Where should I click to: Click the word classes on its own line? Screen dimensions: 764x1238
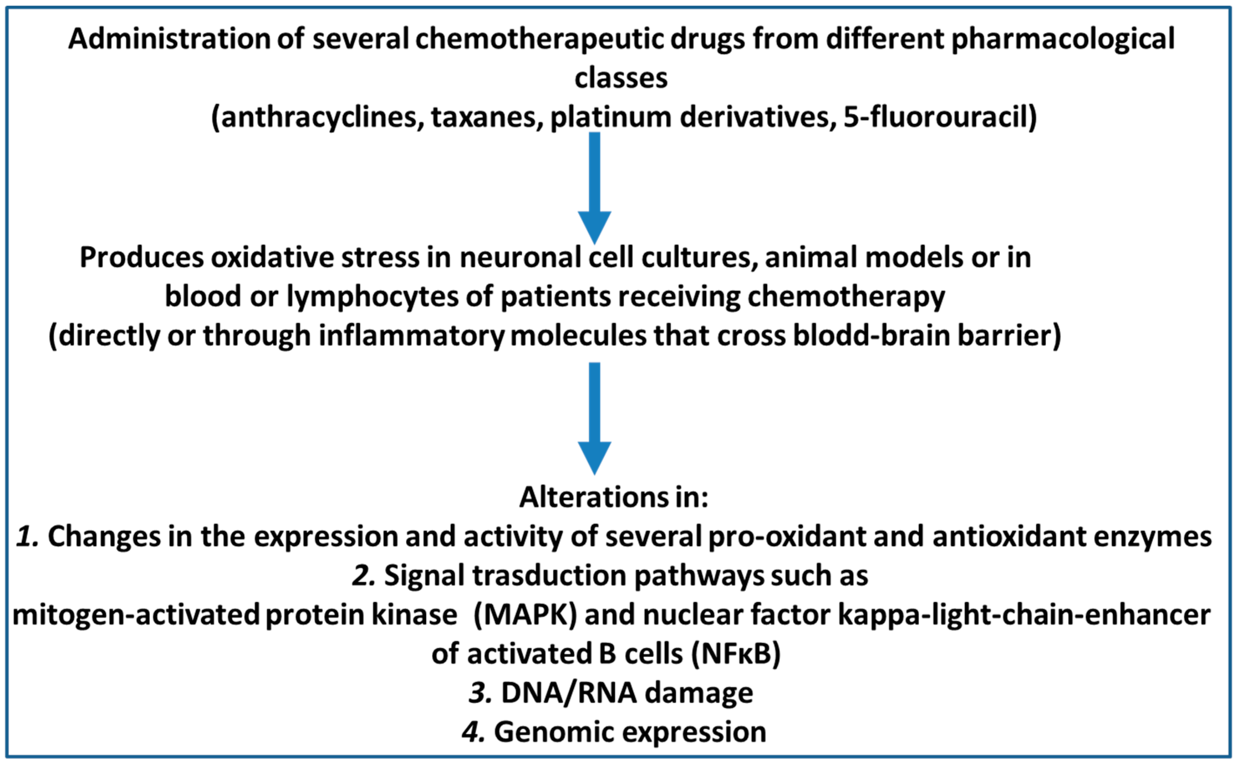621,78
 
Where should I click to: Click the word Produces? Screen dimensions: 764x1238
142,258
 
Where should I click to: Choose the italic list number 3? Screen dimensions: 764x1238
480,693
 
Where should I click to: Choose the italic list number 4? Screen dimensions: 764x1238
474,732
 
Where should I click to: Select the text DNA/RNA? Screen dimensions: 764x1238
569,693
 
